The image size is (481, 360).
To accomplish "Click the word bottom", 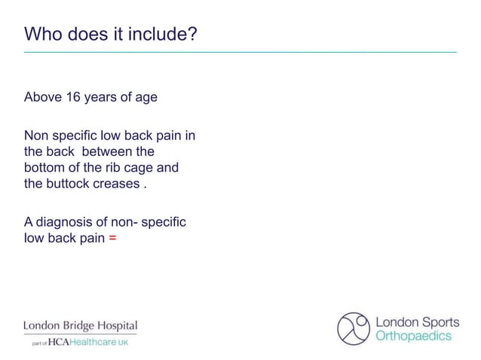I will [44, 167].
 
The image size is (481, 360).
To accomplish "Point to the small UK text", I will [123, 343].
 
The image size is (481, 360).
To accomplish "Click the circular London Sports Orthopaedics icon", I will [354, 328].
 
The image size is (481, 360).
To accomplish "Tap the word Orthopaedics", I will [413, 336].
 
